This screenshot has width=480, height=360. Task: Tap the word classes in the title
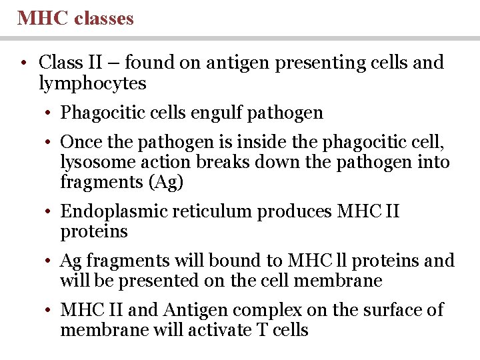pyautogui.click(x=104, y=18)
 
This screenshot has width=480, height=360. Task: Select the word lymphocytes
pyautogui.click(x=93, y=83)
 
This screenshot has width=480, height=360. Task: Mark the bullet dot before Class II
pyautogui.click(x=23, y=64)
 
